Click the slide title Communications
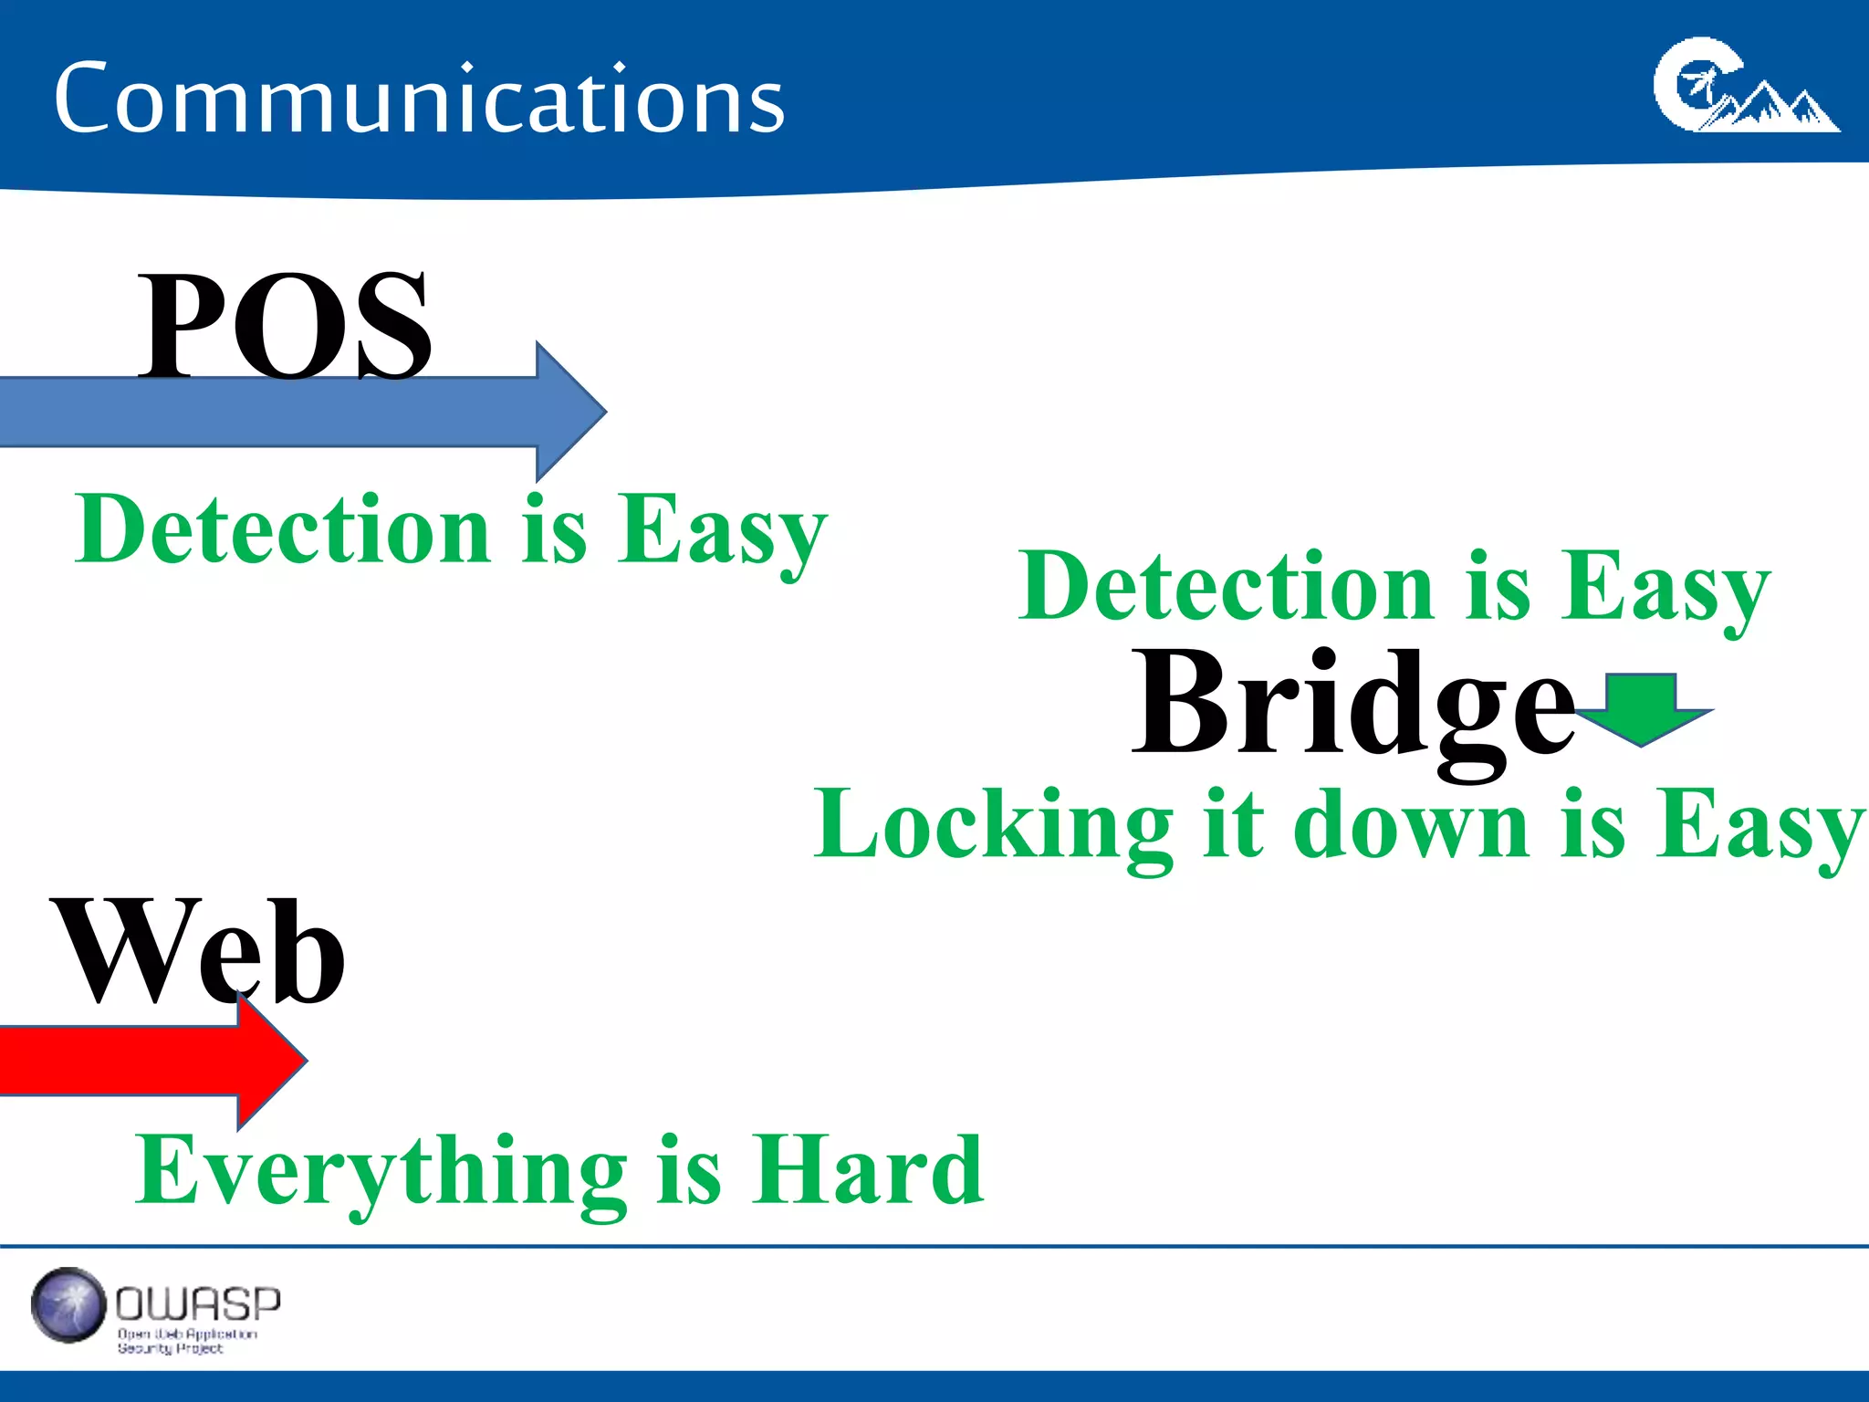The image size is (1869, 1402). click(x=419, y=99)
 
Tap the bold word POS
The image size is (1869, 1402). click(x=284, y=326)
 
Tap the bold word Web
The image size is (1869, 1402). click(x=199, y=952)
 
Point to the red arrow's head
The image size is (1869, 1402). click(x=274, y=1059)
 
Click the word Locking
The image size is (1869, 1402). click(x=993, y=826)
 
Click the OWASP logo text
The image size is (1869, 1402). click(x=198, y=1303)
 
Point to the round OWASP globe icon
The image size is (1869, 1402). click(x=68, y=1305)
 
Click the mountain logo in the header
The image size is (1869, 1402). click(x=1745, y=87)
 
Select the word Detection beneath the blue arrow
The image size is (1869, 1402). click(x=283, y=529)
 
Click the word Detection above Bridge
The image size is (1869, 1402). click(x=1227, y=587)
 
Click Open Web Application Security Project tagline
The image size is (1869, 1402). click(x=186, y=1341)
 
